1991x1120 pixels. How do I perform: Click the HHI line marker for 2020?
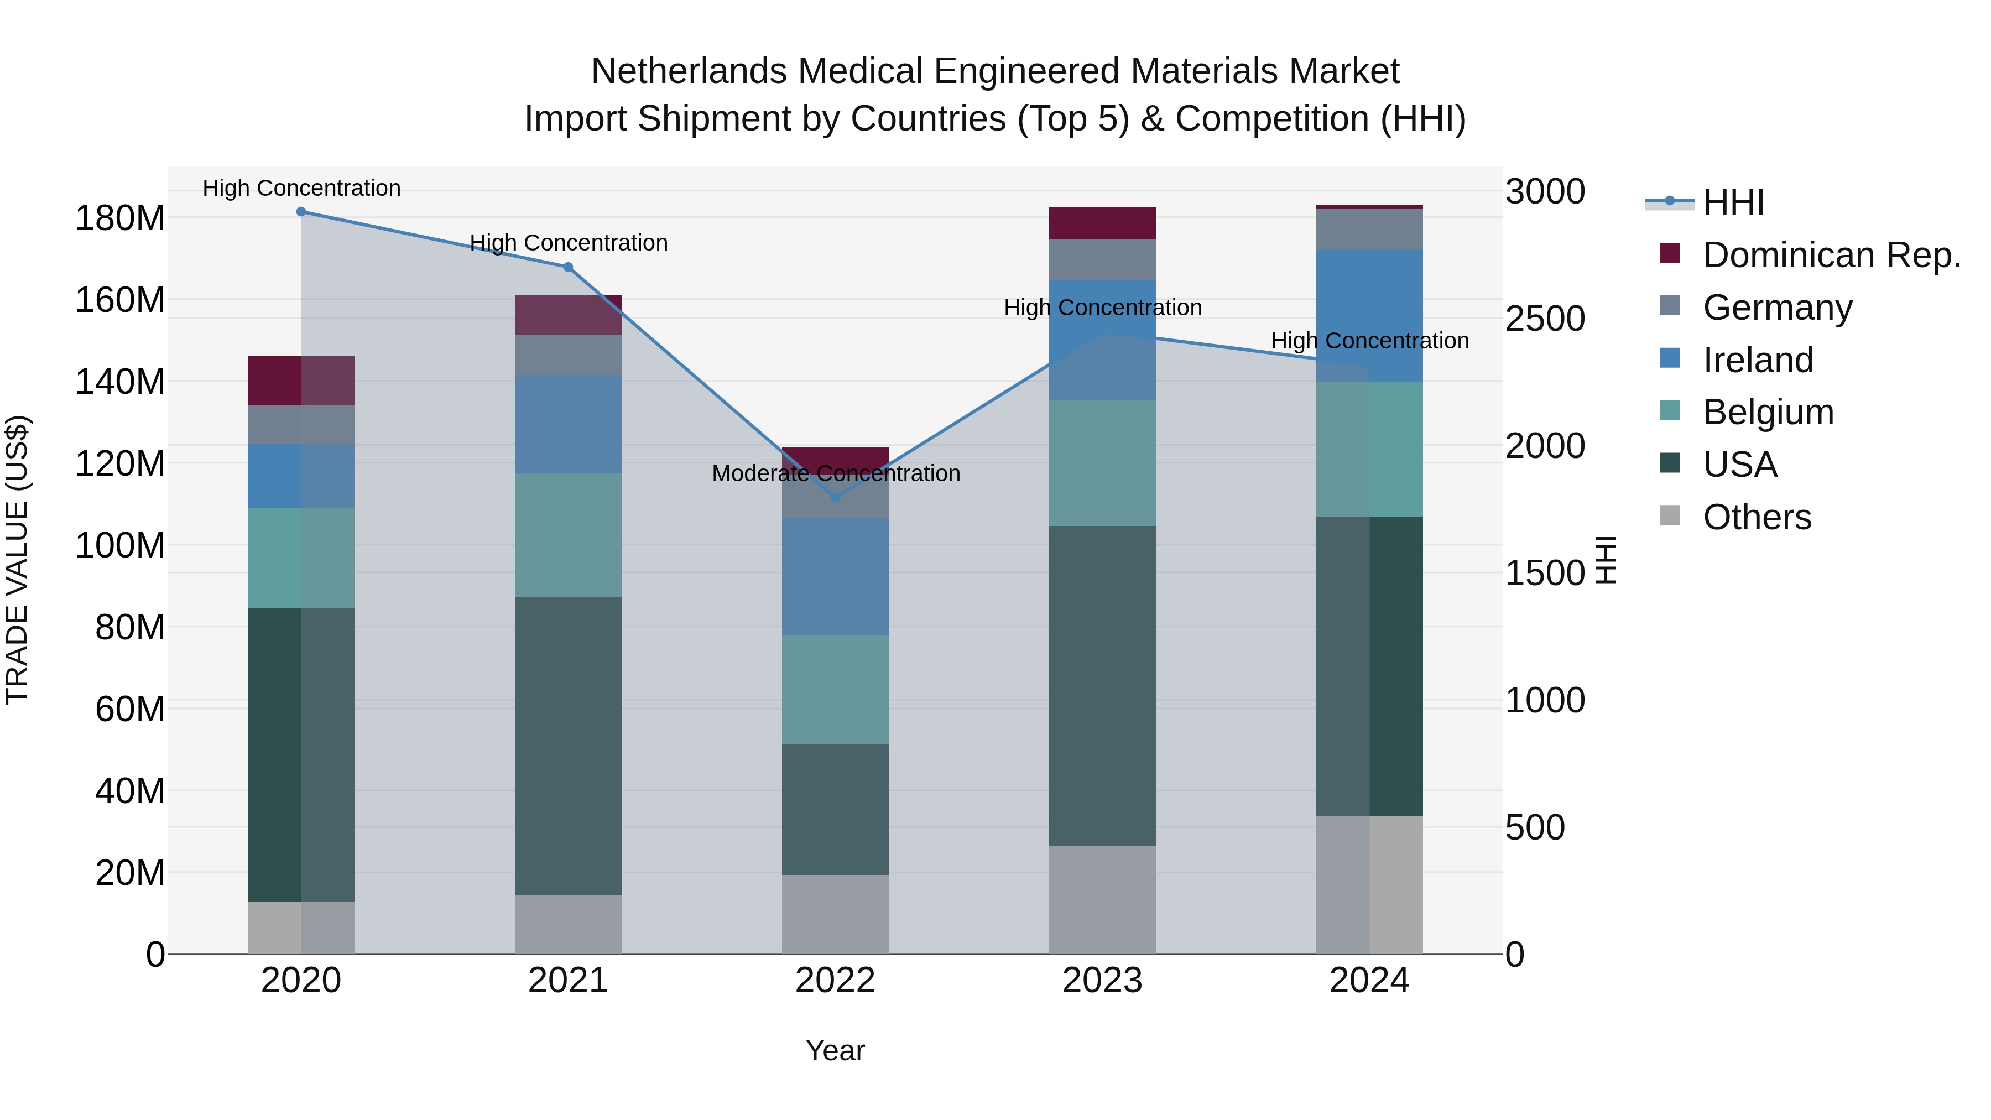pos(301,212)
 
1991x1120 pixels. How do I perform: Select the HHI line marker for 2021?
pos(568,268)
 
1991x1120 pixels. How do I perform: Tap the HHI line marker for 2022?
pos(835,498)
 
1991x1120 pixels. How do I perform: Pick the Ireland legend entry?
pos(1757,360)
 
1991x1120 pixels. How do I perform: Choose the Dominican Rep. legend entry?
pos(1831,255)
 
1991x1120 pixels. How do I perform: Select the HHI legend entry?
pos(1734,202)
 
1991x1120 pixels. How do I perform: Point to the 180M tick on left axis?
pos(120,218)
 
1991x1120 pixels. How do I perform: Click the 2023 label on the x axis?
pos(1102,981)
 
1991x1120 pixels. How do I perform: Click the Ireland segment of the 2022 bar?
pos(835,577)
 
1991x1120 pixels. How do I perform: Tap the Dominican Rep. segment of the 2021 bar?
pos(568,315)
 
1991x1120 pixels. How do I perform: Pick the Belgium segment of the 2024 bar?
pos(1369,449)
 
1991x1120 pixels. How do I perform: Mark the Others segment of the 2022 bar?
pos(835,914)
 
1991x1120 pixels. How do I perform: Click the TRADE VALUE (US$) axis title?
pos(18,560)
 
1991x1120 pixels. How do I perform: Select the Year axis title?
pos(835,1050)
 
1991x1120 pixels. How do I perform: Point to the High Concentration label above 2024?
pos(1369,341)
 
